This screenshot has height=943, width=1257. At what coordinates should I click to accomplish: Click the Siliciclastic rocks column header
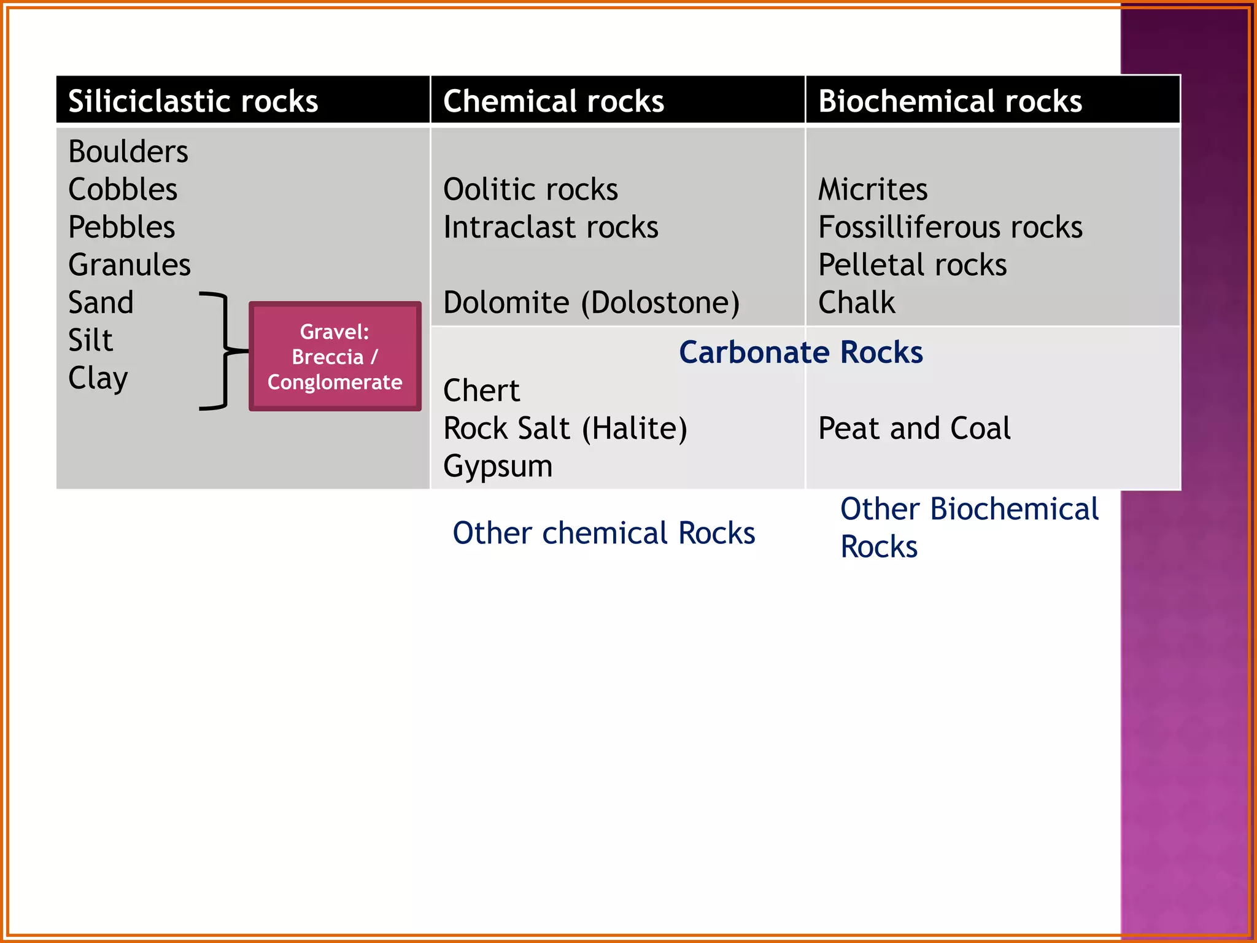click(x=193, y=101)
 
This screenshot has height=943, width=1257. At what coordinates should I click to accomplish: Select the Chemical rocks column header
click(x=553, y=101)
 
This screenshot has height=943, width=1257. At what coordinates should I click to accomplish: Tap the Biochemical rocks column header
click(x=950, y=101)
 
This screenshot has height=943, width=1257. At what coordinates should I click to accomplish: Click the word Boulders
click(x=128, y=152)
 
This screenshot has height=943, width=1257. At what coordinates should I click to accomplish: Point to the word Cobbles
click(x=123, y=189)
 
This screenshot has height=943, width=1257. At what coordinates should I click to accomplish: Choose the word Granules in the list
click(x=129, y=265)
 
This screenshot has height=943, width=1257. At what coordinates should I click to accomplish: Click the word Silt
click(x=90, y=340)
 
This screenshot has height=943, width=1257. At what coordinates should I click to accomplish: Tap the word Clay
click(x=98, y=378)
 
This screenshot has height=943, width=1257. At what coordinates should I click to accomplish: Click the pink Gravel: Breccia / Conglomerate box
click(x=335, y=357)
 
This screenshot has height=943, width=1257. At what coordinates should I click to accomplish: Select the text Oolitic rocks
click(x=530, y=189)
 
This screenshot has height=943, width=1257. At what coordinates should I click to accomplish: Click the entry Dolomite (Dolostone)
click(x=591, y=303)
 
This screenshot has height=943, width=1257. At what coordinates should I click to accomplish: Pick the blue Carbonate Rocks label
click(x=800, y=352)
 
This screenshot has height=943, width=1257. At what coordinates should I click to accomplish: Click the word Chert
click(x=481, y=390)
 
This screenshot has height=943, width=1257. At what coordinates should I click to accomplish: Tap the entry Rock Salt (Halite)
click(x=565, y=429)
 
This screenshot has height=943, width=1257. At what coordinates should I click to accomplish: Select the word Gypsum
click(x=498, y=466)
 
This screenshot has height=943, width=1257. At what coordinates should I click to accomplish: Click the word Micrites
click(x=872, y=189)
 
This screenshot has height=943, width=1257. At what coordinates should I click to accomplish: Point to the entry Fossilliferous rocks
click(x=950, y=227)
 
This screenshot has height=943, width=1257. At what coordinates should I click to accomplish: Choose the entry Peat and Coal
click(x=914, y=429)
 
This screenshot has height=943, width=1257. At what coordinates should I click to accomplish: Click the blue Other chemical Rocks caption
click(x=603, y=533)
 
